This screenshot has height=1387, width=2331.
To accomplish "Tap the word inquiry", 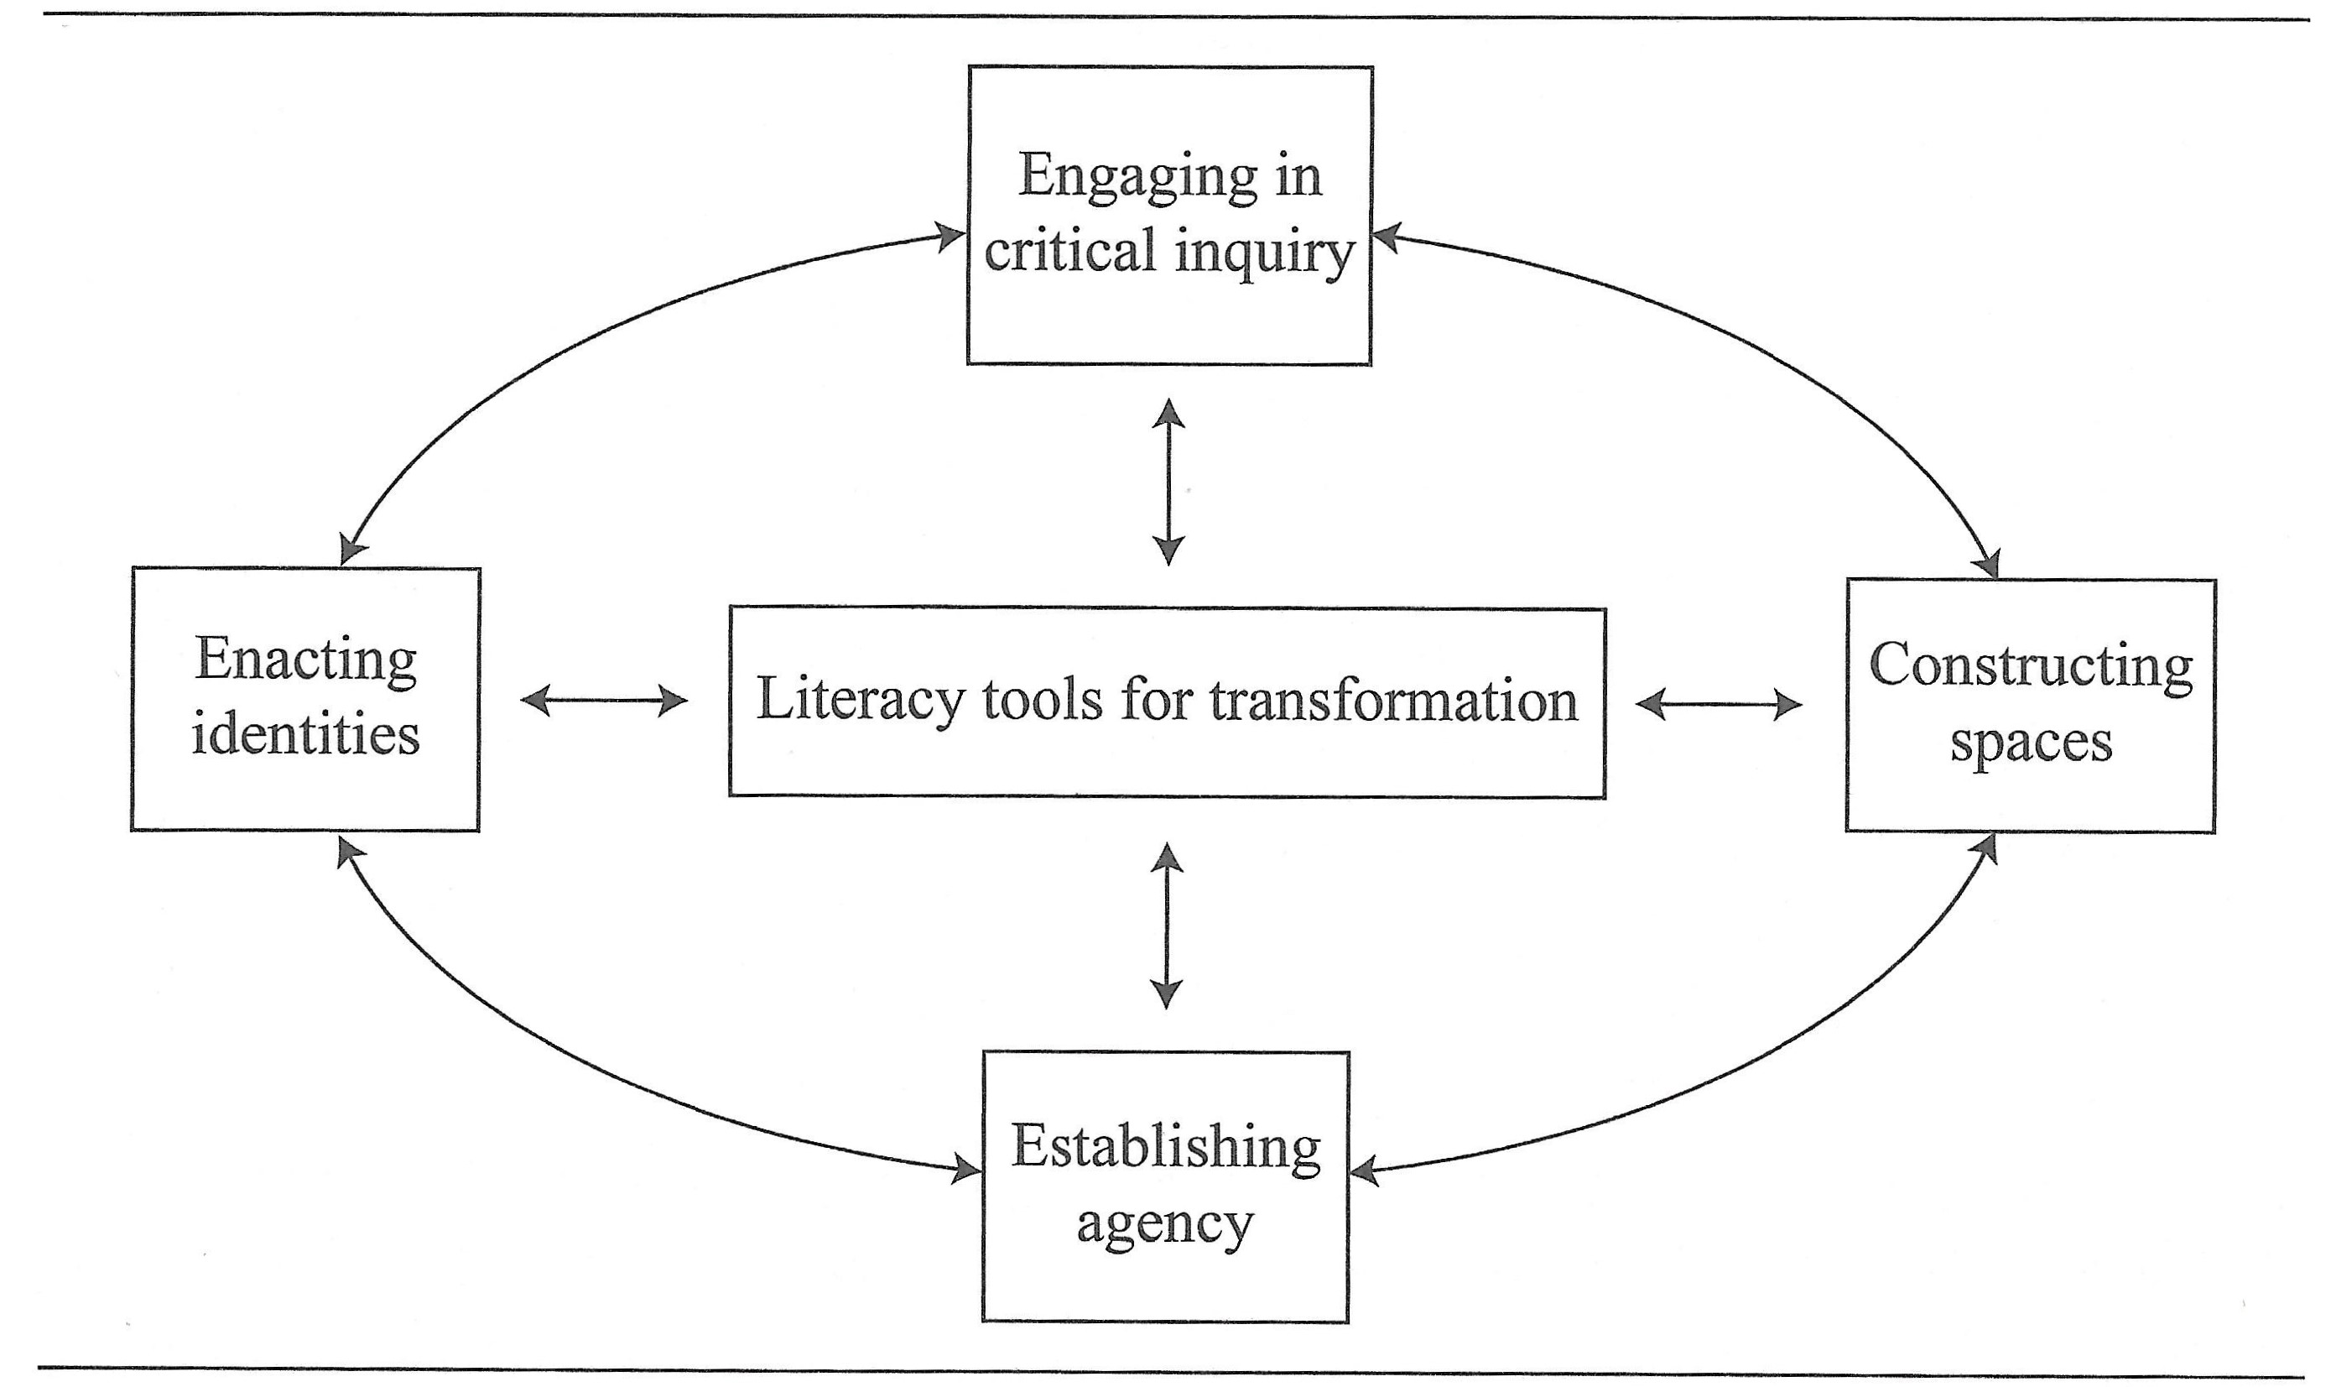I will [x=1264, y=253].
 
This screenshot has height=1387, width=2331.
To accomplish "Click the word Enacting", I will [x=306, y=661].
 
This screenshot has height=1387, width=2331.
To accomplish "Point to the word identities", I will [x=305, y=735].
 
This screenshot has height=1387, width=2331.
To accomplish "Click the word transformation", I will [x=1393, y=701].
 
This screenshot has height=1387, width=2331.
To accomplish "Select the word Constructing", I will [x=2030, y=666].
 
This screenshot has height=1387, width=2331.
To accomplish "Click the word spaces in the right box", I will [x=2030, y=744].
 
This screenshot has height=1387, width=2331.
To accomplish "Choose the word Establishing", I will [x=1165, y=1147].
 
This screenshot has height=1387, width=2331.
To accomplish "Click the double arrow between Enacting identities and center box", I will [x=604, y=700].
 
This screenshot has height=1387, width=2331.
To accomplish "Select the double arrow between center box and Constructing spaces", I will [x=1718, y=704].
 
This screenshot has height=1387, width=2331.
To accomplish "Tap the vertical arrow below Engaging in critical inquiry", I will [x=1168, y=482].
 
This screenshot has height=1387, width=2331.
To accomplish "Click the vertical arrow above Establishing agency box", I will [x=1166, y=926].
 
